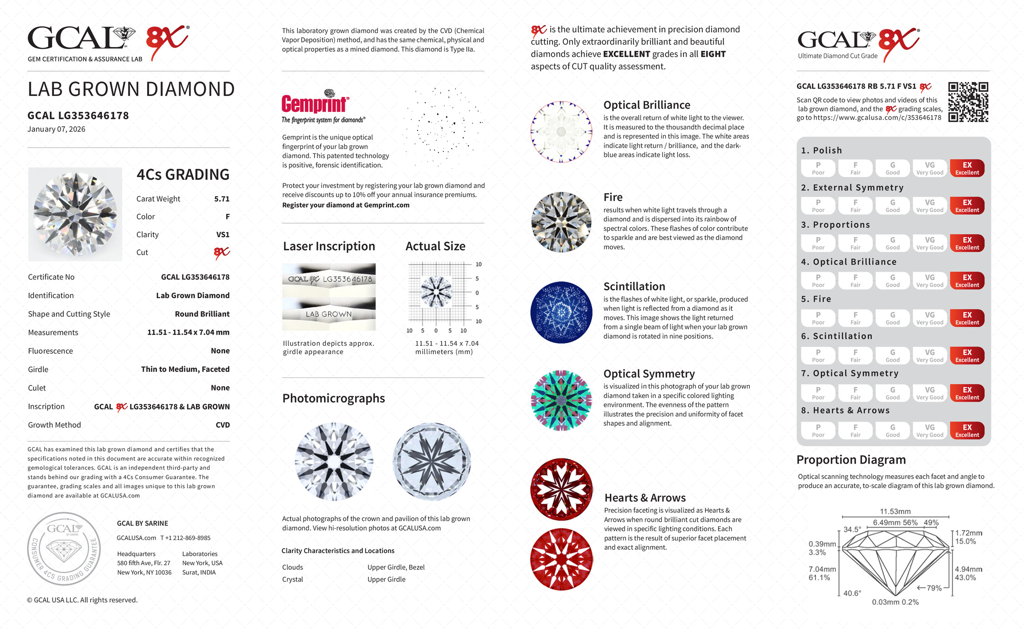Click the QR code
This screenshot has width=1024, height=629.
tap(968, 102)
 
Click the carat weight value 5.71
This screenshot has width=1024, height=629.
tap(222, 199)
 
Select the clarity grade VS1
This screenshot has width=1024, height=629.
tap(222, 235)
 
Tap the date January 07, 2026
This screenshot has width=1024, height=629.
tap(56, 129)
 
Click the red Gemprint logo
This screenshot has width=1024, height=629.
tap(315, 103)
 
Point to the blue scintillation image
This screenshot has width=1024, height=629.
tap(561, 312)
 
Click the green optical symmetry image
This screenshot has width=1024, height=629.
tap(561, 400)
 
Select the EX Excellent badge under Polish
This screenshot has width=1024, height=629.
tap(967, 168)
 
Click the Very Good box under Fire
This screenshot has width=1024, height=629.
tap(930, 318)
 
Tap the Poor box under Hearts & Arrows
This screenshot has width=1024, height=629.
tap(818, 431)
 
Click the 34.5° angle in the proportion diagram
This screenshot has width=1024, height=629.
tap(852, 529)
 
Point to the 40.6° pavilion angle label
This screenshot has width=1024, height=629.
tap(852, 593)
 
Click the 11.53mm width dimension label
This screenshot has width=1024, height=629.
tap(895, 512)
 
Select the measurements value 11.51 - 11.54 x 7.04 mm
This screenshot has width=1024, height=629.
tap(188, 333)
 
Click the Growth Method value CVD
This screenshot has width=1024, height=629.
tap(222, 425)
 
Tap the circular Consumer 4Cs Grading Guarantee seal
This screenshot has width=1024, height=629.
tap(64, 549)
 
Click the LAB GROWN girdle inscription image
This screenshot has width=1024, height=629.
tap(329, 314)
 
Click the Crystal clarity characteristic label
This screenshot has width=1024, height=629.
tap(292, 580)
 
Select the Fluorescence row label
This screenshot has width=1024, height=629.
tap(50, 351)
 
